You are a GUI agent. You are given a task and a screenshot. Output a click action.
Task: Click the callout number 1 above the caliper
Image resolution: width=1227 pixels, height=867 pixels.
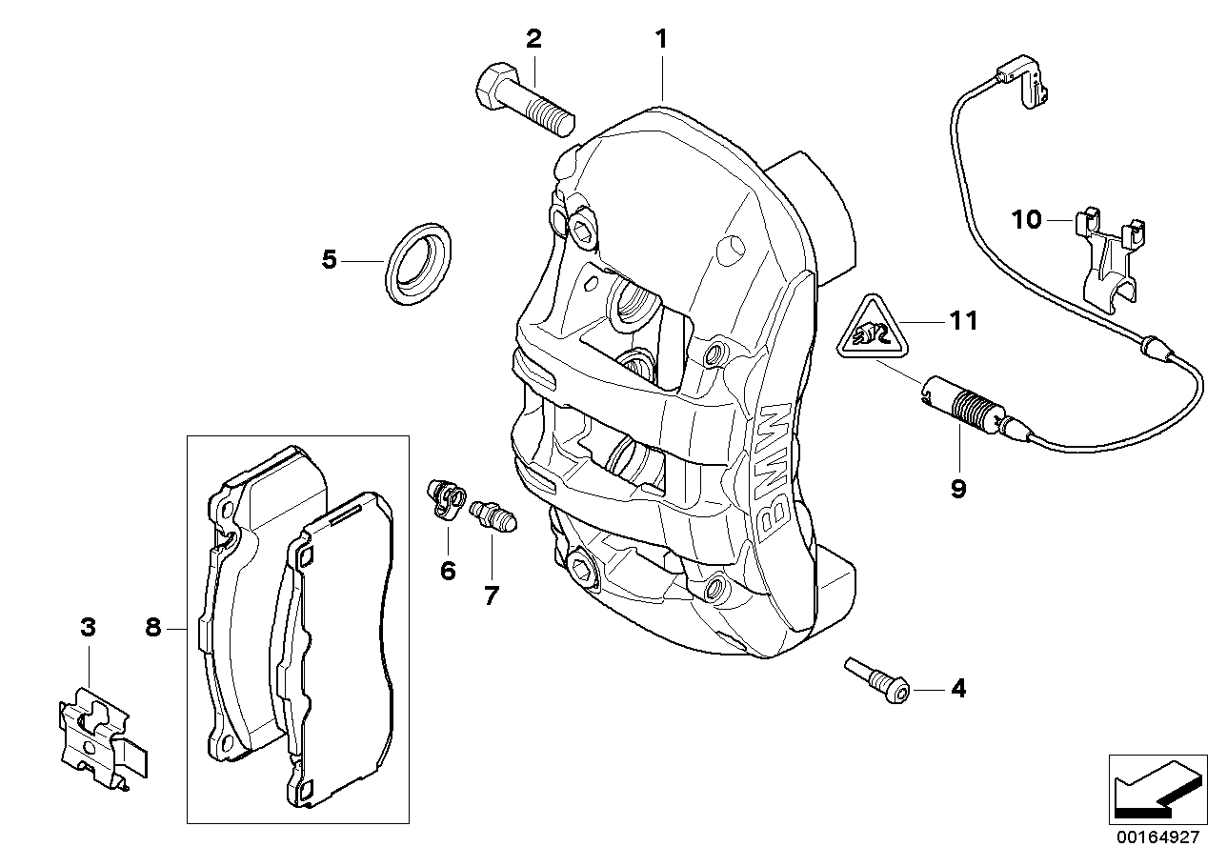pyautogui.click(x=660, y=39)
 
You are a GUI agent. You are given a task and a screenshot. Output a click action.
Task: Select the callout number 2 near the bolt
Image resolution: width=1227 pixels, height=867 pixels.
pyautogui.click(x=533, y=39)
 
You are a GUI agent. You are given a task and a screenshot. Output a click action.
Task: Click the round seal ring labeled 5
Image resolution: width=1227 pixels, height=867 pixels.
pyautogui.click(x=418, y=263)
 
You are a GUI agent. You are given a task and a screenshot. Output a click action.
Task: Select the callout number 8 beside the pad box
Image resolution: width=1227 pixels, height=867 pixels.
pyautogui.click(x=154, y=628)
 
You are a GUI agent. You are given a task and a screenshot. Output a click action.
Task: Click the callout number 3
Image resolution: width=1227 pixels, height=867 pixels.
pyautogui.click(x=88, y=628)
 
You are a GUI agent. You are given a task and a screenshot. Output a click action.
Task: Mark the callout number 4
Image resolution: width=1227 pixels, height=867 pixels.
pyautogui.click(x=957, y=688)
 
